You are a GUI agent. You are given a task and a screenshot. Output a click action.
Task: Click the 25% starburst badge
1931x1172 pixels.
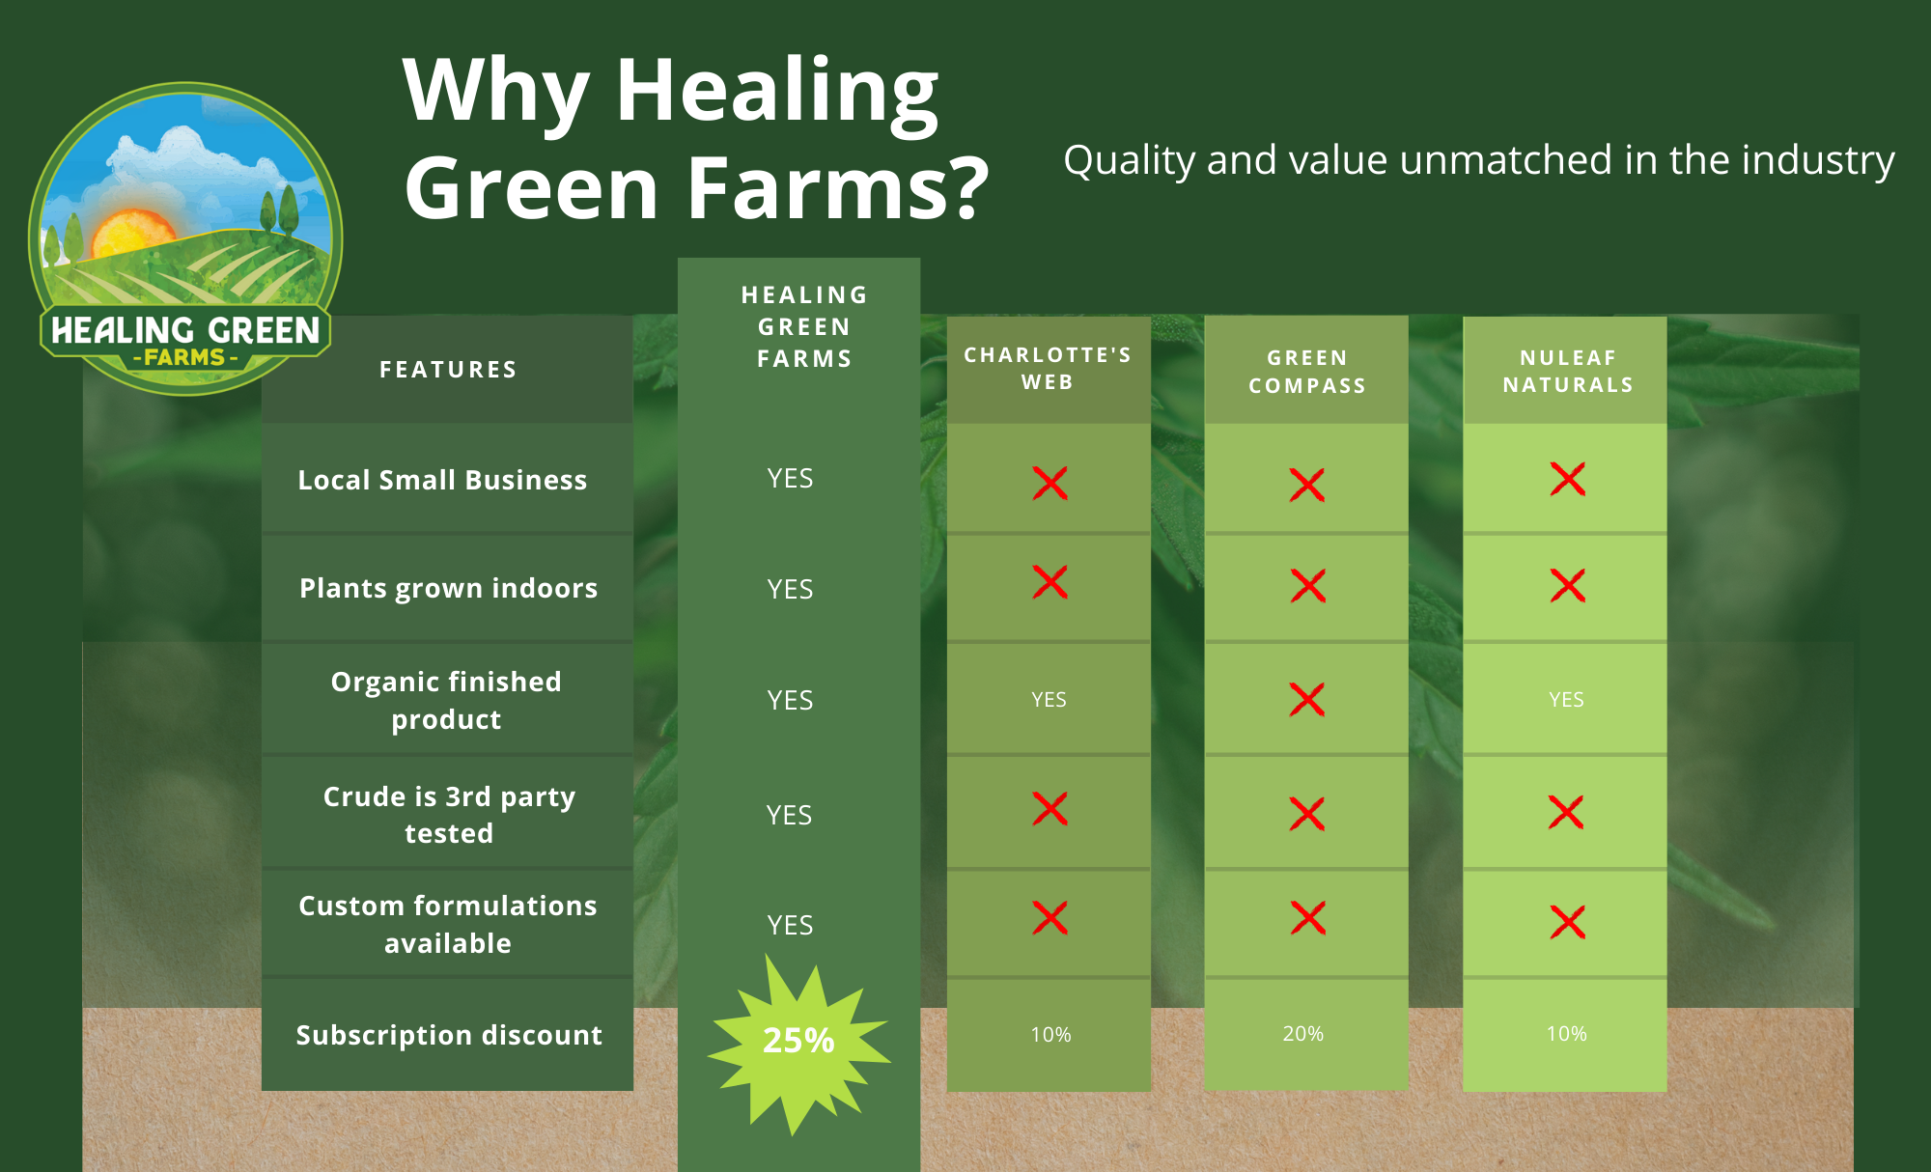[798, 1041]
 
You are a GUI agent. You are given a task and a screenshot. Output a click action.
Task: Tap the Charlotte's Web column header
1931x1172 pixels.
[1048, 369]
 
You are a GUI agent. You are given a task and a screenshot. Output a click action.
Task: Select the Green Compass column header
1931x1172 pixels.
[1307, 372]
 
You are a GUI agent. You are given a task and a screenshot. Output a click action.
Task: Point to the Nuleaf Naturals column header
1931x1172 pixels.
[1568, 372]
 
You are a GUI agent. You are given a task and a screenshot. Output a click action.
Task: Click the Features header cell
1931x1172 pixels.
[448, 370]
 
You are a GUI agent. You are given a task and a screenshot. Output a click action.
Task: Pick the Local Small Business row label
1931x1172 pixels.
[442, 480]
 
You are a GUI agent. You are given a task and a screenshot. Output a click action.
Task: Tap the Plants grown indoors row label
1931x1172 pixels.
[448, 588]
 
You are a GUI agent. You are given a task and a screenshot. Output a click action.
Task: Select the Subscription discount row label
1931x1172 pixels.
[449, 1035]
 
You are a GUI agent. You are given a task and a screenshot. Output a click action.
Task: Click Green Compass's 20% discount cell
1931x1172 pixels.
[1302, 1034]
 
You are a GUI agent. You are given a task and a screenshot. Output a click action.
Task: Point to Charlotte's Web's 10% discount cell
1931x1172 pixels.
[1050, 1035]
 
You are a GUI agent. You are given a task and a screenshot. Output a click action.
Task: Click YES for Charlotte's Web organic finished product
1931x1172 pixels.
[1049, 700]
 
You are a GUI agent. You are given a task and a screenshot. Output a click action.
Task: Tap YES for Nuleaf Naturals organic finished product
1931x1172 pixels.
[1566, 700]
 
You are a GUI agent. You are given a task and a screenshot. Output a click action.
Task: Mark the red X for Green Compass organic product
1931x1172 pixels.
[1307, 699]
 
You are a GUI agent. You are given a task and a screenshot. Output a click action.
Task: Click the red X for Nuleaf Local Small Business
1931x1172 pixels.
[1568, 479]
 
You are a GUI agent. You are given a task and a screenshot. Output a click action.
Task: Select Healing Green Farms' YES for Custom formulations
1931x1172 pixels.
[790, 925]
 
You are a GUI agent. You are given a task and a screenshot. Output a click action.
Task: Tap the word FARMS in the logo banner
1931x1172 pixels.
[184, 357]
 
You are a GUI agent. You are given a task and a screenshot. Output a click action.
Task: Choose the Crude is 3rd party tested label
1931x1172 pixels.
[449, 815]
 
